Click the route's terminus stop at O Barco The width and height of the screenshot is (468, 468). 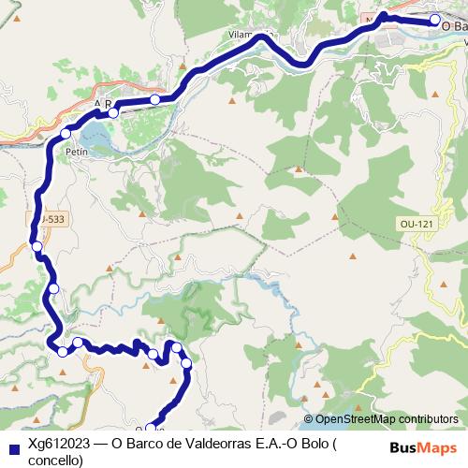pos(434,20)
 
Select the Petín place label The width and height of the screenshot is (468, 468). pos(76,150)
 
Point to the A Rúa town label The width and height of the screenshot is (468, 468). pos(103,104)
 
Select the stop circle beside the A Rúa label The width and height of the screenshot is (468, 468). pos(113,112)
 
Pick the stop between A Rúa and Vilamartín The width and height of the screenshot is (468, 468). pos(154,99)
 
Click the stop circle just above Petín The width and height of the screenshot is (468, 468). pos(66,134)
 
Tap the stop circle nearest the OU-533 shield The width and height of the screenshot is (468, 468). pos(37,246)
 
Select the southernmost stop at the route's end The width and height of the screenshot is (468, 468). pos(151,429)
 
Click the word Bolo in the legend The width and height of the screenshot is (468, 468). pos(313,446)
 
